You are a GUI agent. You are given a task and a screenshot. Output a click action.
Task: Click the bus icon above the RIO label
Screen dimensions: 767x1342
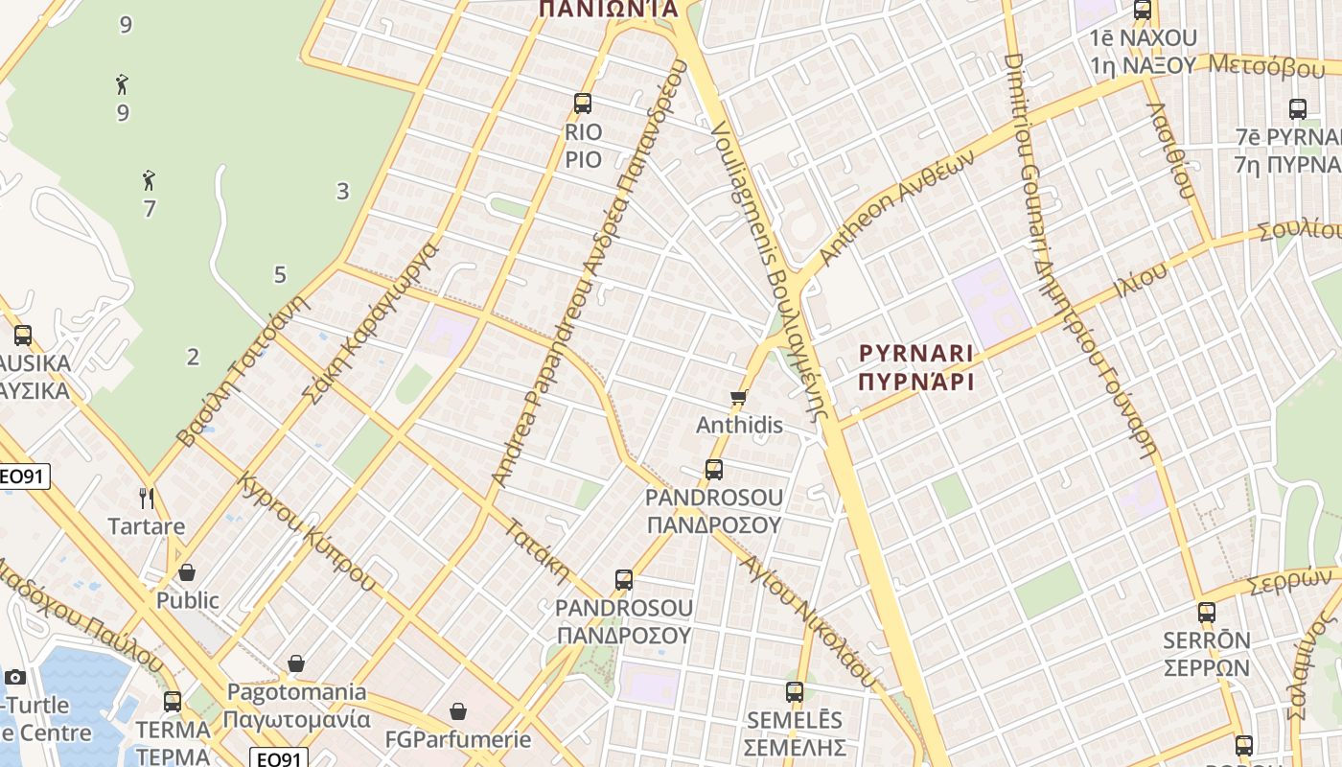[x=582, y=104]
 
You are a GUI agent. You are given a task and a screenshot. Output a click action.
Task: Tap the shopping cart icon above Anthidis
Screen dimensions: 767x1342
[x=738, y=397]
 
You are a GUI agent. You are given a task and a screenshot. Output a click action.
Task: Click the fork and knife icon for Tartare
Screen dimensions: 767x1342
[x=147, y=498]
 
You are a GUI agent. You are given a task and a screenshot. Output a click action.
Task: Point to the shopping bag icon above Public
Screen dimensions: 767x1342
[x=187, y=572]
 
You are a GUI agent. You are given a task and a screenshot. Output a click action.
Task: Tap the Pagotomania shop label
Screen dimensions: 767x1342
[x=296, y=705]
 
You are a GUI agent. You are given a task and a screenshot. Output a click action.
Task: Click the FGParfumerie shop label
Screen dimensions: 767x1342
[x=457, y=739]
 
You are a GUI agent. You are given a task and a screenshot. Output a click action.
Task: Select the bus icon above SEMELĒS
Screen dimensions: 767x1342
[x=794, y=691]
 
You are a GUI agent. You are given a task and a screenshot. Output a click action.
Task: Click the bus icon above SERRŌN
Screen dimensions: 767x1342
[x=1206, y=612]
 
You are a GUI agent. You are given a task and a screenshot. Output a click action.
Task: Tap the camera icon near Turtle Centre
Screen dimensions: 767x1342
[x=14, y=677]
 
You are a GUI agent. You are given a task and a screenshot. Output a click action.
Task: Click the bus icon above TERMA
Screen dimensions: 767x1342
[x=173, y=701]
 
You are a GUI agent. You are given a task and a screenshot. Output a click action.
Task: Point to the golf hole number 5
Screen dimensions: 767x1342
[x=280, y=275]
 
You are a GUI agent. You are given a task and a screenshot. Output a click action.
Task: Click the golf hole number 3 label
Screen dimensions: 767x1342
[x=342, y=191]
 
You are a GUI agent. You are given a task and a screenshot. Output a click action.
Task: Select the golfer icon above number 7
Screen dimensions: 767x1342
[x=149, y=179]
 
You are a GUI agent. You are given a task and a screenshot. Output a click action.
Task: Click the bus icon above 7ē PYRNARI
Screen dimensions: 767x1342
[x=1298, y=108]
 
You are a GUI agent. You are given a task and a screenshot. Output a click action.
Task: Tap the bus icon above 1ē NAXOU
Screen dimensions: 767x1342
[x=1142, y=11]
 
